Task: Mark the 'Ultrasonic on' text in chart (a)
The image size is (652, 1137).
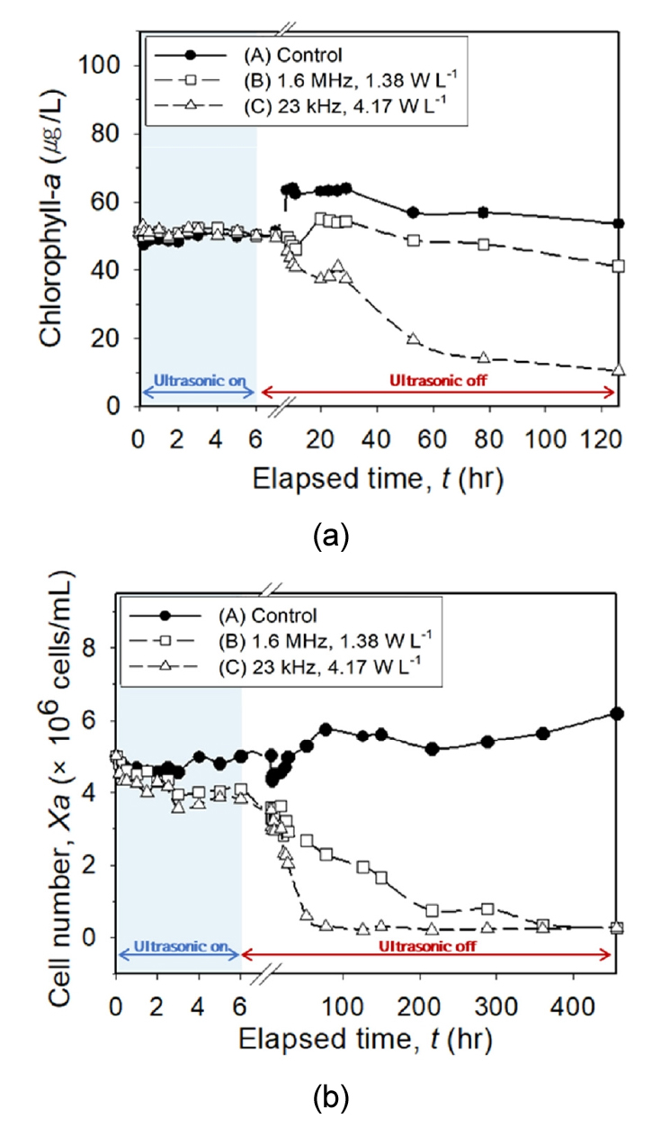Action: click(199, 380)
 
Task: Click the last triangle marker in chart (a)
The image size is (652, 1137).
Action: click(617, 370)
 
